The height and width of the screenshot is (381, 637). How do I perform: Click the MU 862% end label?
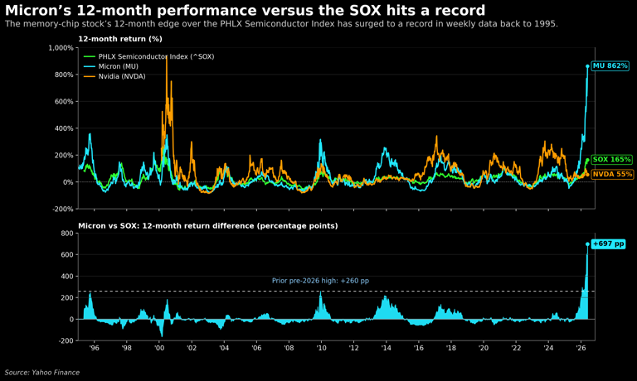(x=610, y=65)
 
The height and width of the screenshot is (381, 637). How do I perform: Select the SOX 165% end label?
(x=611, y=160)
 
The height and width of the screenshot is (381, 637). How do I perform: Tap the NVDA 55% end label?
(x=612, y=174)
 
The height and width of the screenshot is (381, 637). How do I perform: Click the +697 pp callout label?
(x=608, y=244)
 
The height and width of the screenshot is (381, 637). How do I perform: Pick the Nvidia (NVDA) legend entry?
(x=114, y=76)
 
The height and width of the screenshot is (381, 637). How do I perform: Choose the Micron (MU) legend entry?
(x=111, y=66)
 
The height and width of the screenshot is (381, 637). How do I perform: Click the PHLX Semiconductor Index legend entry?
(x=148, y=56)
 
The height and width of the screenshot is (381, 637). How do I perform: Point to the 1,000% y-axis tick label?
(x=61, y=48)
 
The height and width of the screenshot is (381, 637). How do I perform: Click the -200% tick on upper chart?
(x=62, y=209)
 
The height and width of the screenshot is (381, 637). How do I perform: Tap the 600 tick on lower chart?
(x=67, y=255)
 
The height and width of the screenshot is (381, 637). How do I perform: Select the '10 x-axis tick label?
(x=321, y=348)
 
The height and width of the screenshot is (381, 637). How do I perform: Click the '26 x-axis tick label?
(x=581, y=348)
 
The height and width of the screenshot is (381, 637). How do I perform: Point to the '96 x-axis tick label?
(x=94, y=348)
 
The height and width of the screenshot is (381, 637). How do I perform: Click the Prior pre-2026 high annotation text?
(x=320, y=281)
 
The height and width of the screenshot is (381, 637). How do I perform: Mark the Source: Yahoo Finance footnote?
(x=42, y=373)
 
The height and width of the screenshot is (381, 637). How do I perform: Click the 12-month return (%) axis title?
(x=120, y=39)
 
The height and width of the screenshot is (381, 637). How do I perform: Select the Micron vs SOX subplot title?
(x=208, y=225)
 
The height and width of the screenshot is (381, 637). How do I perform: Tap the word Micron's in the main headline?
(x=36, y=10)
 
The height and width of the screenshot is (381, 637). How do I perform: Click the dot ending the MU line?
(x=587, y=66)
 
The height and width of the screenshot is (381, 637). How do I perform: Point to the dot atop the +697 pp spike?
(x=587, y=244)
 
